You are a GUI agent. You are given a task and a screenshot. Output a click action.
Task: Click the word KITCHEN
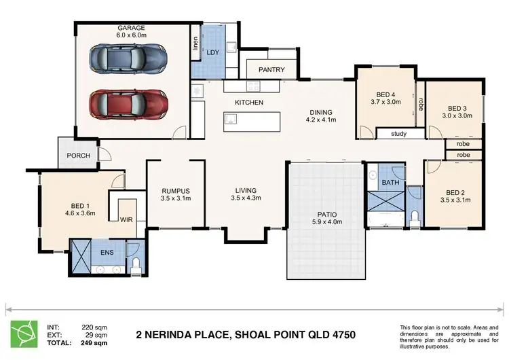pos(249,103)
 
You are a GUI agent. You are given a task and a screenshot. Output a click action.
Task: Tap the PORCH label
pos(78,155)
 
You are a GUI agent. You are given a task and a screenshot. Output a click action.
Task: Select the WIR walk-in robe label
pos(126,219)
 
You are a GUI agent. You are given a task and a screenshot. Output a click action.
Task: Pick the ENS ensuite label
pos(107,253)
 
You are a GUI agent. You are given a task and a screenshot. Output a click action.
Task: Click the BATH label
pos(390,183)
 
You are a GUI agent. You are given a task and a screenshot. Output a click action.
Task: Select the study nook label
pos(399,134)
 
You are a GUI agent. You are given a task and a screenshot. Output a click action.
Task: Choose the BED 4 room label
pos(385,98)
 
